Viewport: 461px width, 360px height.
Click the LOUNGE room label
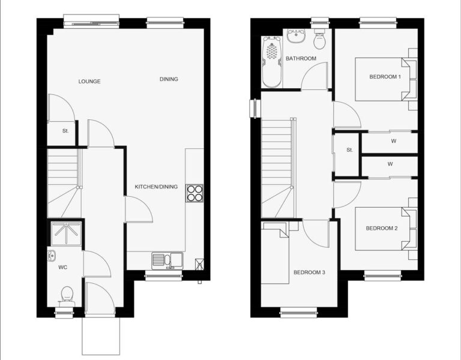tap(89, 82)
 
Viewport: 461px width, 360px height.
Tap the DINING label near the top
tap(169, 79)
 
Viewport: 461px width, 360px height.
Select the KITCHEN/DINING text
tap(156, 187)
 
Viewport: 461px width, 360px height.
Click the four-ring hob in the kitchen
tap(194, 193)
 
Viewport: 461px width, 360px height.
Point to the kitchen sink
tap(167, 260)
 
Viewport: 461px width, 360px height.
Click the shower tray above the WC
tap(66, 233)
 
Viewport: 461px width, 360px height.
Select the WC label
tap(62, 267)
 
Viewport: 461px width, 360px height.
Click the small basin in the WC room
tap(51, 256)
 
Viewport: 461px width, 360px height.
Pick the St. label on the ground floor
tap(65, 131)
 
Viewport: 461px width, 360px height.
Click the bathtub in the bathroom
tap(272, 62)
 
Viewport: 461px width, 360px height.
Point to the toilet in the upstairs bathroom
tap(319, 39)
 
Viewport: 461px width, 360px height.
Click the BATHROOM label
tap(301, 58)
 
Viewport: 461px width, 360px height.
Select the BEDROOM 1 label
tap(385, 77)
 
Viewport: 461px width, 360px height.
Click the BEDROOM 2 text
tap(382, 228)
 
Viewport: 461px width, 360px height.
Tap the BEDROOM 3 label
tap(309, 272)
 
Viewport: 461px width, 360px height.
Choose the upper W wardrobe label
tap(393, 141)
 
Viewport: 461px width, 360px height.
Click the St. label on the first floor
tap(349, 150)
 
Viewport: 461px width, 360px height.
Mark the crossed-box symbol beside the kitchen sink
tap(199, 264)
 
